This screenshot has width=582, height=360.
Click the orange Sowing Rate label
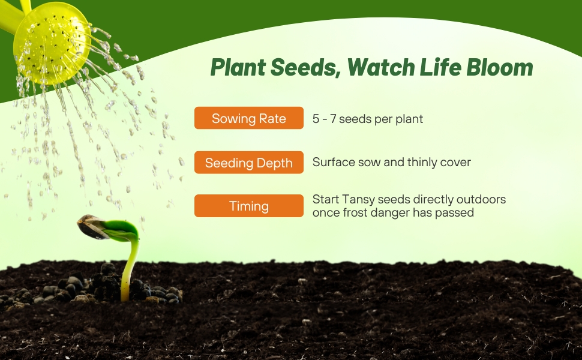coord(248,118)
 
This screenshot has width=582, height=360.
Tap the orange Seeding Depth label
coord(248,162)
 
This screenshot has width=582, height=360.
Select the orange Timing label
coord(248,206)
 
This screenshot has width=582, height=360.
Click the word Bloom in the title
coord(500,67)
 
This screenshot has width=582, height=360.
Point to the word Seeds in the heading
coord(305,68)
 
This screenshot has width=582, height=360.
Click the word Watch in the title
coord(381,67)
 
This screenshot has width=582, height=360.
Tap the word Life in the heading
coord(440,67)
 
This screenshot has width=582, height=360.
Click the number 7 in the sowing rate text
coord(333,119)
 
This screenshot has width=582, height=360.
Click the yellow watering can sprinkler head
coord(52,43)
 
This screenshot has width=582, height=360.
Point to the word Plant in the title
coord(238,67)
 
